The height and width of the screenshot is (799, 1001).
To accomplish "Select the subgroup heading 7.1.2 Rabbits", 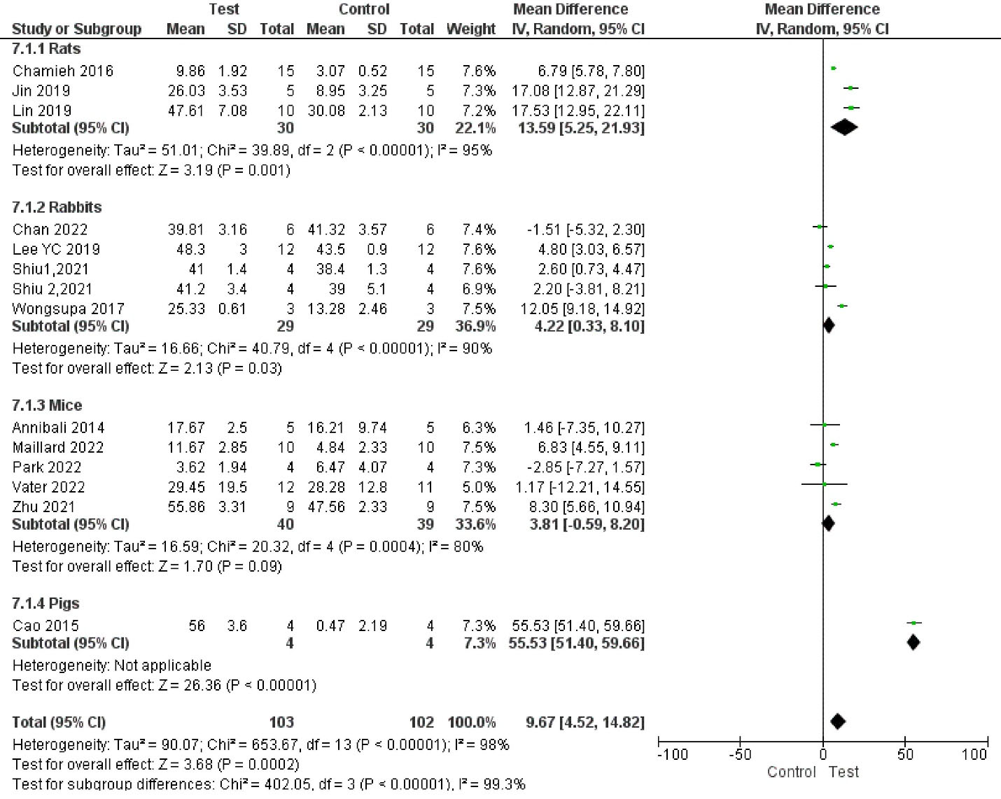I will [57, 207].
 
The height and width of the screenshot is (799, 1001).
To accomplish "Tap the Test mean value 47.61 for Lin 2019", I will [186, 111].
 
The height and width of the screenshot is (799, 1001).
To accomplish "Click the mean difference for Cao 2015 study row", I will [576, 625].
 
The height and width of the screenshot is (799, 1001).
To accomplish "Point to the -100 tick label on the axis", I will [672, 754].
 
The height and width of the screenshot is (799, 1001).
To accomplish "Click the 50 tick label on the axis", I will [905, 754].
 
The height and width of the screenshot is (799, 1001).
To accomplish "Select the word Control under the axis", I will [792, 772].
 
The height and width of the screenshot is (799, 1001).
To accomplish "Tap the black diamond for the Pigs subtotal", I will [913, 642].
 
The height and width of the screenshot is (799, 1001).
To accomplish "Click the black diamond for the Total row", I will [838, 721].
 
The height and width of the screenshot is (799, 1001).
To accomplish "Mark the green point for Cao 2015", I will [913, 623].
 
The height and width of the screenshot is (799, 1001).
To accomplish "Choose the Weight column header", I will [470, 29].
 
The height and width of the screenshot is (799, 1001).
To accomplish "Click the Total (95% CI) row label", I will [59, 722].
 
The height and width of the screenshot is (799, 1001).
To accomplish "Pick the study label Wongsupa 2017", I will [69, 309].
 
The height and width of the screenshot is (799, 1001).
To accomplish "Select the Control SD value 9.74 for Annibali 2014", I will [372, 427].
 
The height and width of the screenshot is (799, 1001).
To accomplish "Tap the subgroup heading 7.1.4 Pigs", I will [45, 603].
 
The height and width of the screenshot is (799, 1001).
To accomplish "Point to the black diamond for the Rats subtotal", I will [844, 127].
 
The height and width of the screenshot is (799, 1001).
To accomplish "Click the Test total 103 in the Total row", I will [281, 722].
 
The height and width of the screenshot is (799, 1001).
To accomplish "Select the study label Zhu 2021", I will [43, 507].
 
